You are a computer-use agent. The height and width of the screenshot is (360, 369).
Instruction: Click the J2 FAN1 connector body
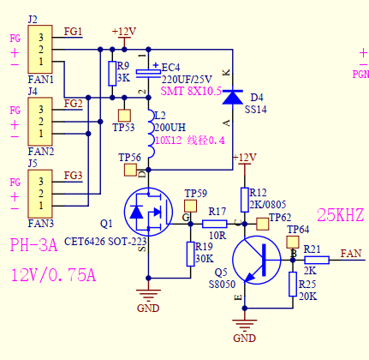40,49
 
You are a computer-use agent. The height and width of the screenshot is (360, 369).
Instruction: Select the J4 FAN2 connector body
40,122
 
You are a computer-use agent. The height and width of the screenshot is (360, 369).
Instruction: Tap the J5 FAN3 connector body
40,194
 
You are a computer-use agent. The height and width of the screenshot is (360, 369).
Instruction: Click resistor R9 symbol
112,74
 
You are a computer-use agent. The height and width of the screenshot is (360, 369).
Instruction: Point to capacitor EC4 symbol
148,74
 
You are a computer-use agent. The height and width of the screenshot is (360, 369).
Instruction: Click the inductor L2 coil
152,134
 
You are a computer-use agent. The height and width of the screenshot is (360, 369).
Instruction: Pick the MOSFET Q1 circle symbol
148,212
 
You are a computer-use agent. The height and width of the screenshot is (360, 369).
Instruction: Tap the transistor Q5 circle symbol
257,260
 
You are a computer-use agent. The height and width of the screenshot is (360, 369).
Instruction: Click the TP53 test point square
124,116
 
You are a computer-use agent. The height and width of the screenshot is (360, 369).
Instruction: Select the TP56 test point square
130,170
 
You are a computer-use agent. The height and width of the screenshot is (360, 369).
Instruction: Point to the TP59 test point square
190,206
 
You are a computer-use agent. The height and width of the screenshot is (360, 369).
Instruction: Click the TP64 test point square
293,242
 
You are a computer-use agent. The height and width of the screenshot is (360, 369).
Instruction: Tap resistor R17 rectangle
215,224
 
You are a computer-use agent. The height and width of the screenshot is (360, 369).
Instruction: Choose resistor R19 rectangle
190,254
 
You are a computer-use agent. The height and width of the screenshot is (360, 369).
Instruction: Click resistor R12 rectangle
245,200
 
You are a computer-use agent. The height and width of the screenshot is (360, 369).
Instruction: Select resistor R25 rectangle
293,284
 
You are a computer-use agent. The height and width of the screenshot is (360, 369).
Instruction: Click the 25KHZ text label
341,215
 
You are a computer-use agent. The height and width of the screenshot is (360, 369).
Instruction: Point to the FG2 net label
73,104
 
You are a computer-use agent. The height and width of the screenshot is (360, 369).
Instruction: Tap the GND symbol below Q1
148,295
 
